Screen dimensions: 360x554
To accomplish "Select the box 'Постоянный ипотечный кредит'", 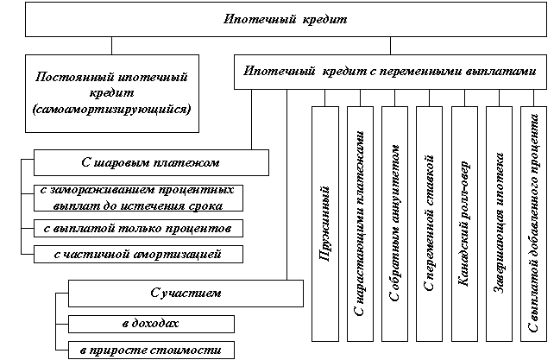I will (112, 93).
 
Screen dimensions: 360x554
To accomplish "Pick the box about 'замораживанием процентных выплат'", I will (139, 198).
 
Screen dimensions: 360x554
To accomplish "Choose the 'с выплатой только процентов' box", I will (139, 228).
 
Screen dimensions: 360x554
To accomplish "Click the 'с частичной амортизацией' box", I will (139, 254).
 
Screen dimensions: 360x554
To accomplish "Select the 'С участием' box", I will (185, 294).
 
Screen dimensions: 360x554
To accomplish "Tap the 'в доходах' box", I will (151, 323).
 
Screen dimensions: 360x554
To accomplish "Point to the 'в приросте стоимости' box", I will (151, 350).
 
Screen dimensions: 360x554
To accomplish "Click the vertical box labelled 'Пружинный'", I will (325, 223).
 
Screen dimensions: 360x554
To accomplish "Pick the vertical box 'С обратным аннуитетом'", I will (394, 223).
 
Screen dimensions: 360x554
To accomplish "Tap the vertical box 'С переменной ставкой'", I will (429, 223).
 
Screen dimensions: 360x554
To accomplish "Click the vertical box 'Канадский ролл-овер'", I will (464, 223).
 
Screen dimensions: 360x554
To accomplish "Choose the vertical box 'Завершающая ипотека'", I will (499, 223).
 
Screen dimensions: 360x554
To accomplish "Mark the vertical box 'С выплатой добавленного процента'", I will (533, 223).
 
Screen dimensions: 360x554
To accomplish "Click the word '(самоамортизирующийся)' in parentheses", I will (112, 110).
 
